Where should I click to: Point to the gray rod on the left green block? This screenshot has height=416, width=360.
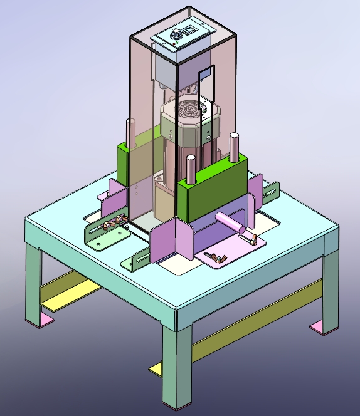[x=130, y=133]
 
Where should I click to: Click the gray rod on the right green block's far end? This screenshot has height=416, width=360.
[x=235, y=147]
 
